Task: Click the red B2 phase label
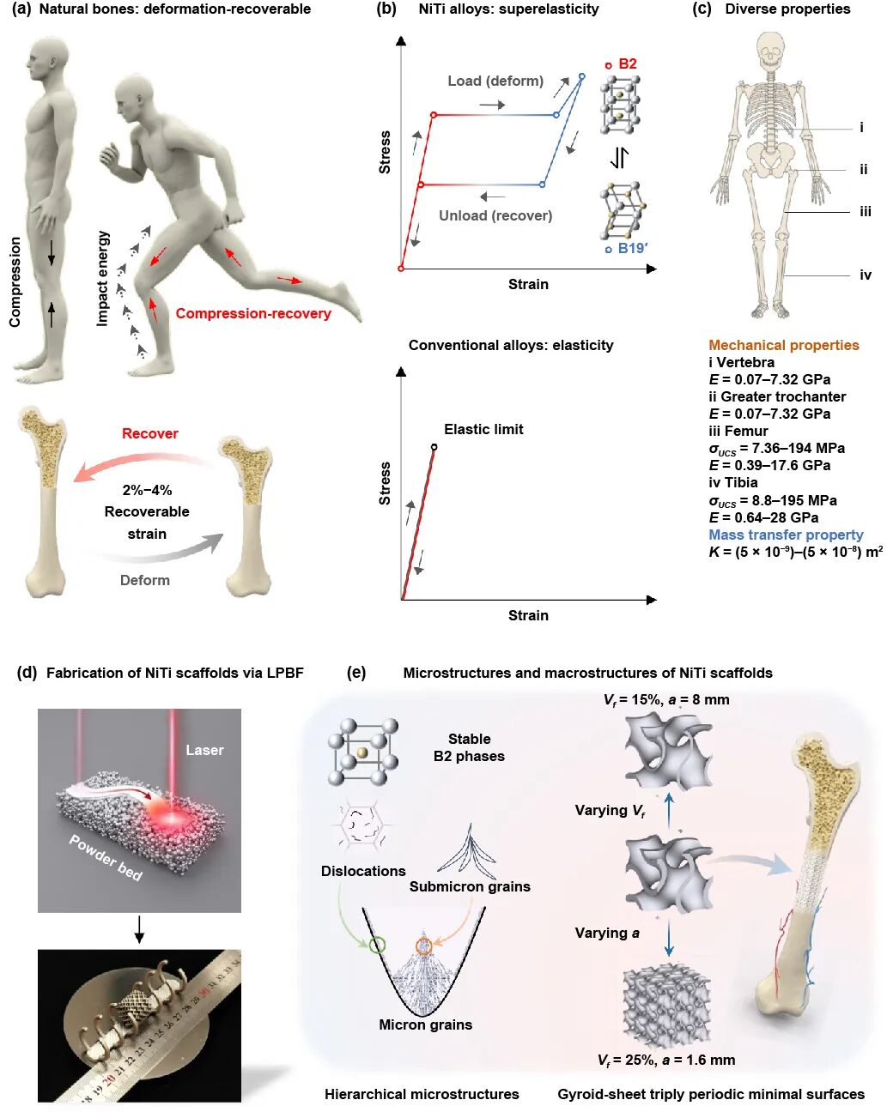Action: click(x=627, y=63)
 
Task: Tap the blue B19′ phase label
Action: click(x=631, y=248)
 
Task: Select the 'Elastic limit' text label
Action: click(x=483, y=429)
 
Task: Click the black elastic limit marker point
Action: click(x=434, y=447)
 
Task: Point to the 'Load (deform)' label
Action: click(x=495, y=81)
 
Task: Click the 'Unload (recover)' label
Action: click(x=495, y=215)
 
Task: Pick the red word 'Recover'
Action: click(x=150, y=433)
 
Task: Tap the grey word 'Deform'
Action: click(x=145, y=580)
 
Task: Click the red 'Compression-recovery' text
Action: click(x=253, y=313)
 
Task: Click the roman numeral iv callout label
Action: click(x=866, y=275)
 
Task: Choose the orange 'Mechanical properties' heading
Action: click(x=783, y=345)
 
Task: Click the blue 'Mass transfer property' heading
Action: click(x=786, y=535)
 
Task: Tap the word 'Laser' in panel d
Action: click(x=204, y=750)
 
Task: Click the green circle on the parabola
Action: click(x=377, y=946)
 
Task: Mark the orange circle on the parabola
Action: click(x=423, y=946)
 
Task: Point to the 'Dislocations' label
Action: click(x=363, y=871)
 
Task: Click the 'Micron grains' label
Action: click(x=425, y=1024)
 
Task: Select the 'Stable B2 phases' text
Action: click(x=469, y=747)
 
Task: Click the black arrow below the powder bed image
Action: click(x=139, y=928)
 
